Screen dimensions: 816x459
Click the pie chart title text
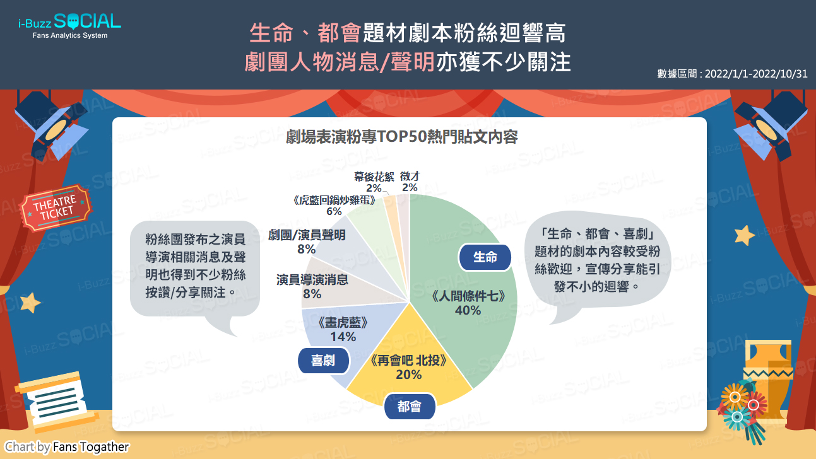tap(402, 137)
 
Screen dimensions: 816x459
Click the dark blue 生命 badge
tap(485, 257)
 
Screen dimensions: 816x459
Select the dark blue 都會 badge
tap(410, 407)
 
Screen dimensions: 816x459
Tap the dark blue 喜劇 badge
tap(323, 361)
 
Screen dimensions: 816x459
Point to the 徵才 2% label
tap(410, 182)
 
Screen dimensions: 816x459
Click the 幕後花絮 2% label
tap(374, 182)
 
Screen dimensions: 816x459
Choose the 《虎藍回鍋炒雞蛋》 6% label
tap(334, 206)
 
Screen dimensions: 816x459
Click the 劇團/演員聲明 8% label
tap(307, 241)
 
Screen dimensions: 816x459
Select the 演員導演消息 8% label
tap(312, 286)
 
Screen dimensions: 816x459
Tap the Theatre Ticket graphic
tap(56, 207)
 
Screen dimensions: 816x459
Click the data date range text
tap(732, 74)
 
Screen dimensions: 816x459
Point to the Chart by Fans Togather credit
tap(67, 446)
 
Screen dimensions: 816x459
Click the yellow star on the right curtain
tap(744, 236)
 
